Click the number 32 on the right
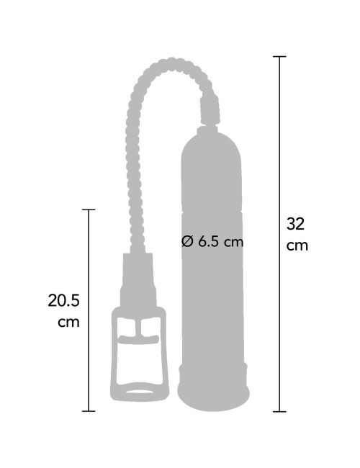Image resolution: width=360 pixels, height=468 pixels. click(x=295, y=224)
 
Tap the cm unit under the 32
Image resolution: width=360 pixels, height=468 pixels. click(x=297, y=246)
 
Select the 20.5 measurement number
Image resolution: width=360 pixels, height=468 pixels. click(x=63, y=300)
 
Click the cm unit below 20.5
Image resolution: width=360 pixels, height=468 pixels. click(x=68, y=323)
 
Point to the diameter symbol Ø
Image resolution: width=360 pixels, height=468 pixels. click(x=187, y=241)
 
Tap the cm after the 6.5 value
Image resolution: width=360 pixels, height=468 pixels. click(x=234, y=243)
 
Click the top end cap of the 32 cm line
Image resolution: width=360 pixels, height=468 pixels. click(x=279, y=56)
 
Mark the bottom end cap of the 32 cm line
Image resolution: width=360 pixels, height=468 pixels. click(x=279, y=412)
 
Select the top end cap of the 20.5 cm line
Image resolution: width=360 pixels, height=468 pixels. click(x=89, y=210)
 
